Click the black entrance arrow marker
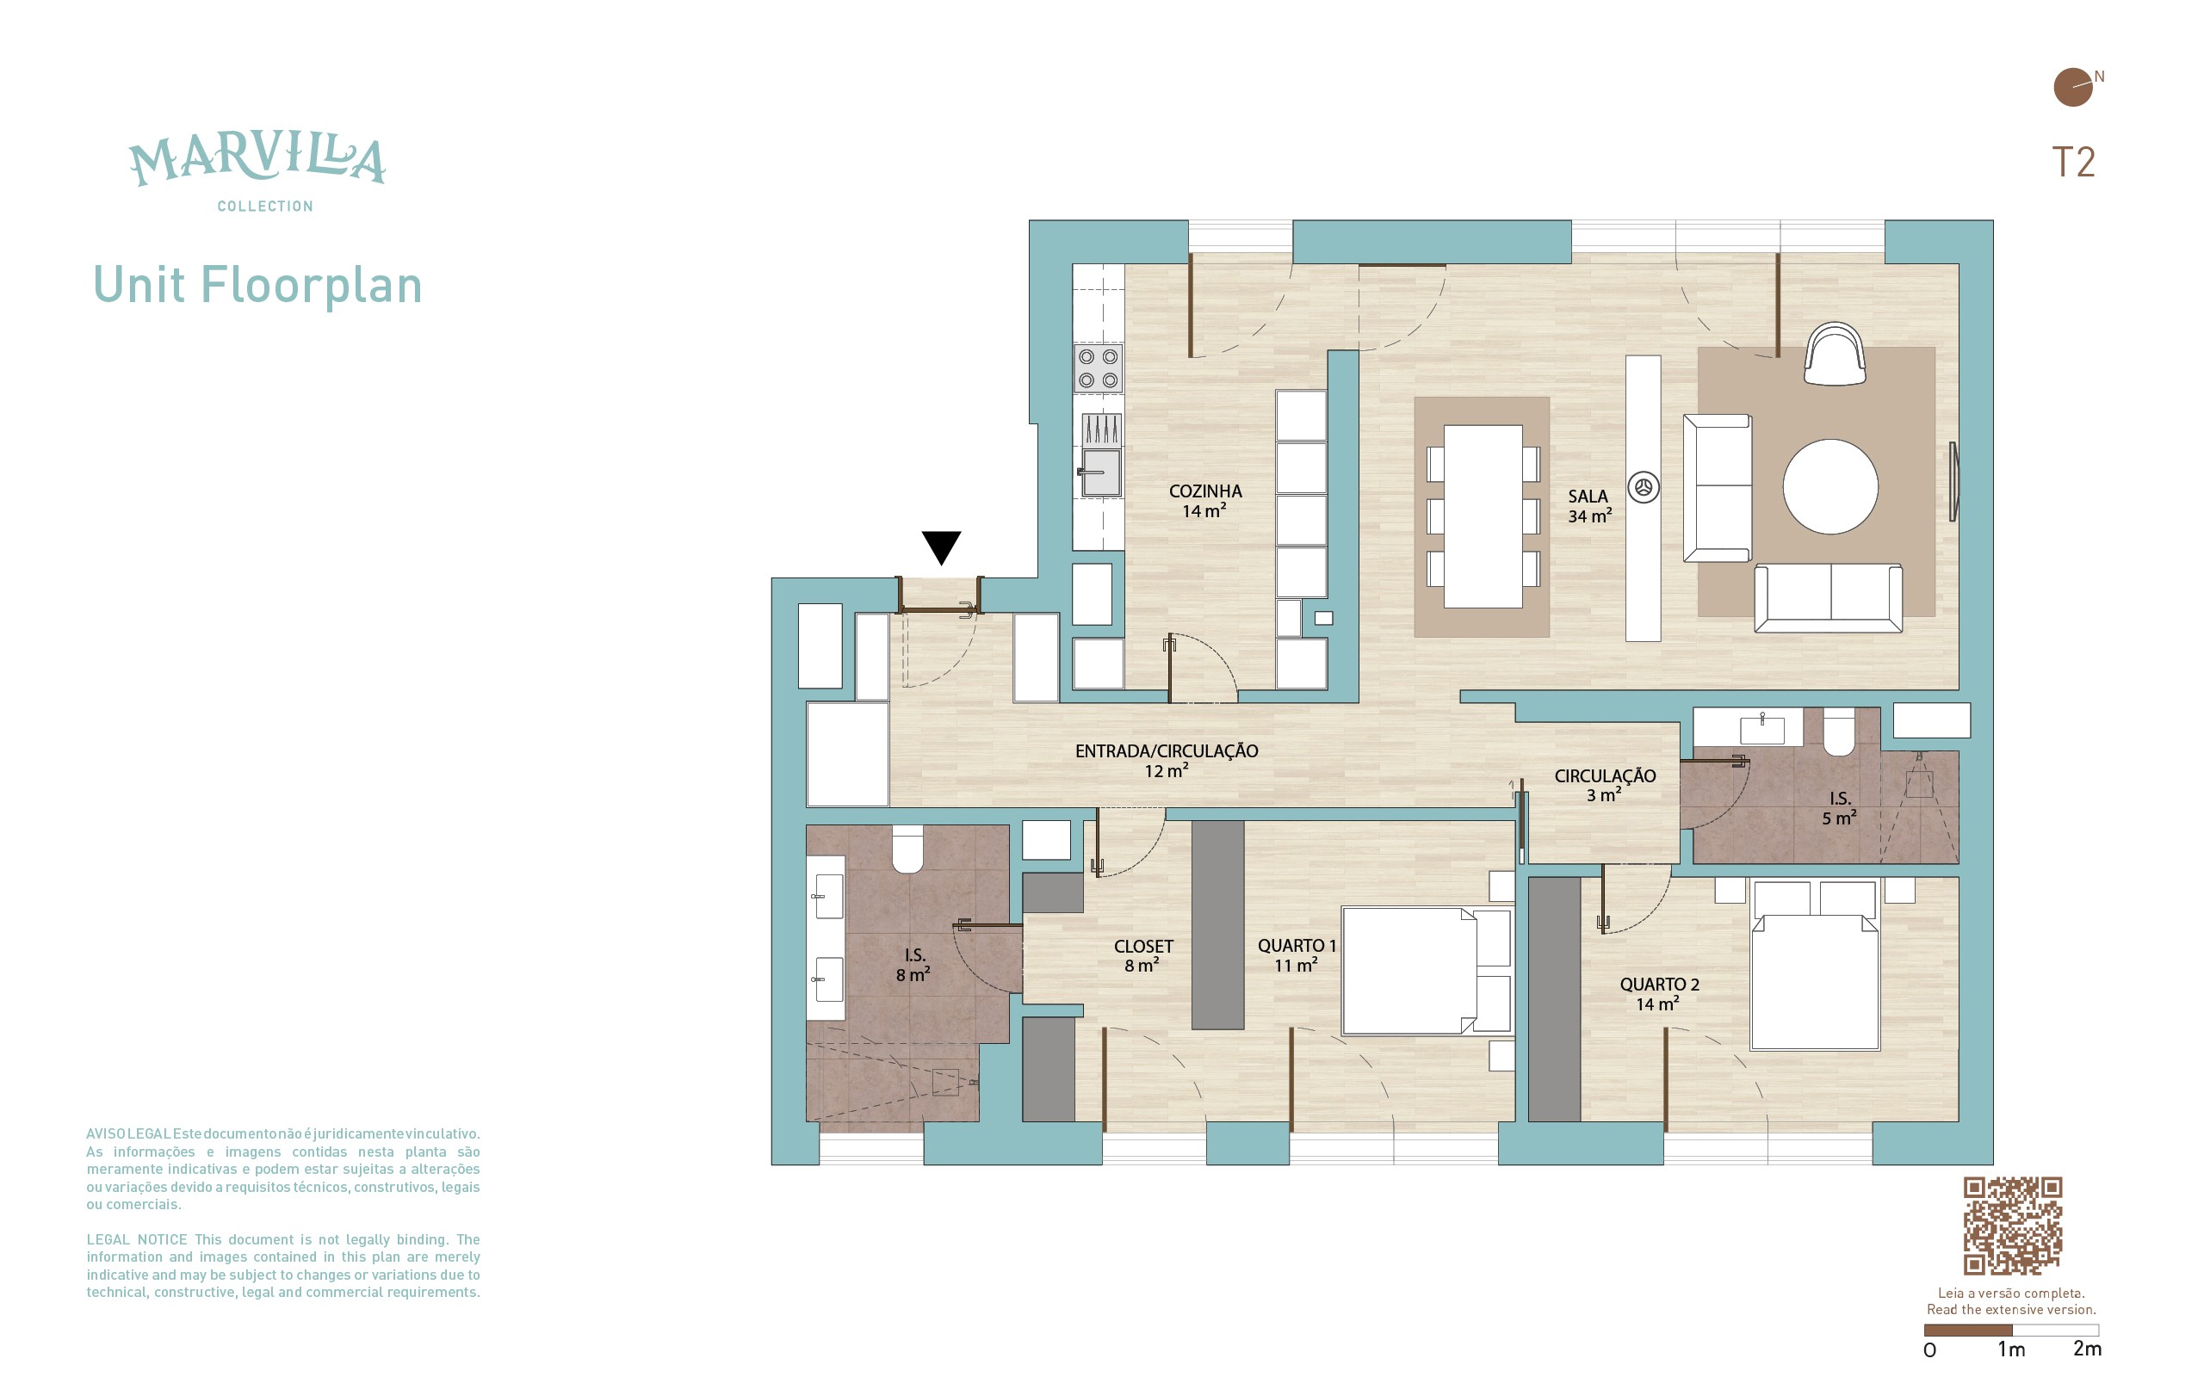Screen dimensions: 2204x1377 [941, 546]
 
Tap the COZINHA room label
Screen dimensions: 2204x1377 [1205, 491]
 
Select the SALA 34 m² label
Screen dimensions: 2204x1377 [1589, 505]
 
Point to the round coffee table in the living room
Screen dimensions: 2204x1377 [1829, 486]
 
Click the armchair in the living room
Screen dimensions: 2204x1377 [1835, 354]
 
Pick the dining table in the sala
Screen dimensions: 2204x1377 [1483, 516]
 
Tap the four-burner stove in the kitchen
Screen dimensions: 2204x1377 [1098, 368]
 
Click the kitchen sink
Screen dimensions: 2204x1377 [1100, 472]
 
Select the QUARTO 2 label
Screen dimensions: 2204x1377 [1659, 985]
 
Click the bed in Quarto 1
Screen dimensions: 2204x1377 [1427, 970]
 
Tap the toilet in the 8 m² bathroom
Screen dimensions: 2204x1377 [907, 849]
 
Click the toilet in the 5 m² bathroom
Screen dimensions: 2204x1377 [1839, 732]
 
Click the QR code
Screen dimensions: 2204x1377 [2012, 1226]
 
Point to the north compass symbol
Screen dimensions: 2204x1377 [2073, 88]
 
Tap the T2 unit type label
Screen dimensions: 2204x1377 [2073, 162]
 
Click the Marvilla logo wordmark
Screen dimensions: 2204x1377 [257, 161]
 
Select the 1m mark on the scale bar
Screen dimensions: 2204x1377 [2011, 1349]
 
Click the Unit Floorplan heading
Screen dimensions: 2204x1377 [257, 285]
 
